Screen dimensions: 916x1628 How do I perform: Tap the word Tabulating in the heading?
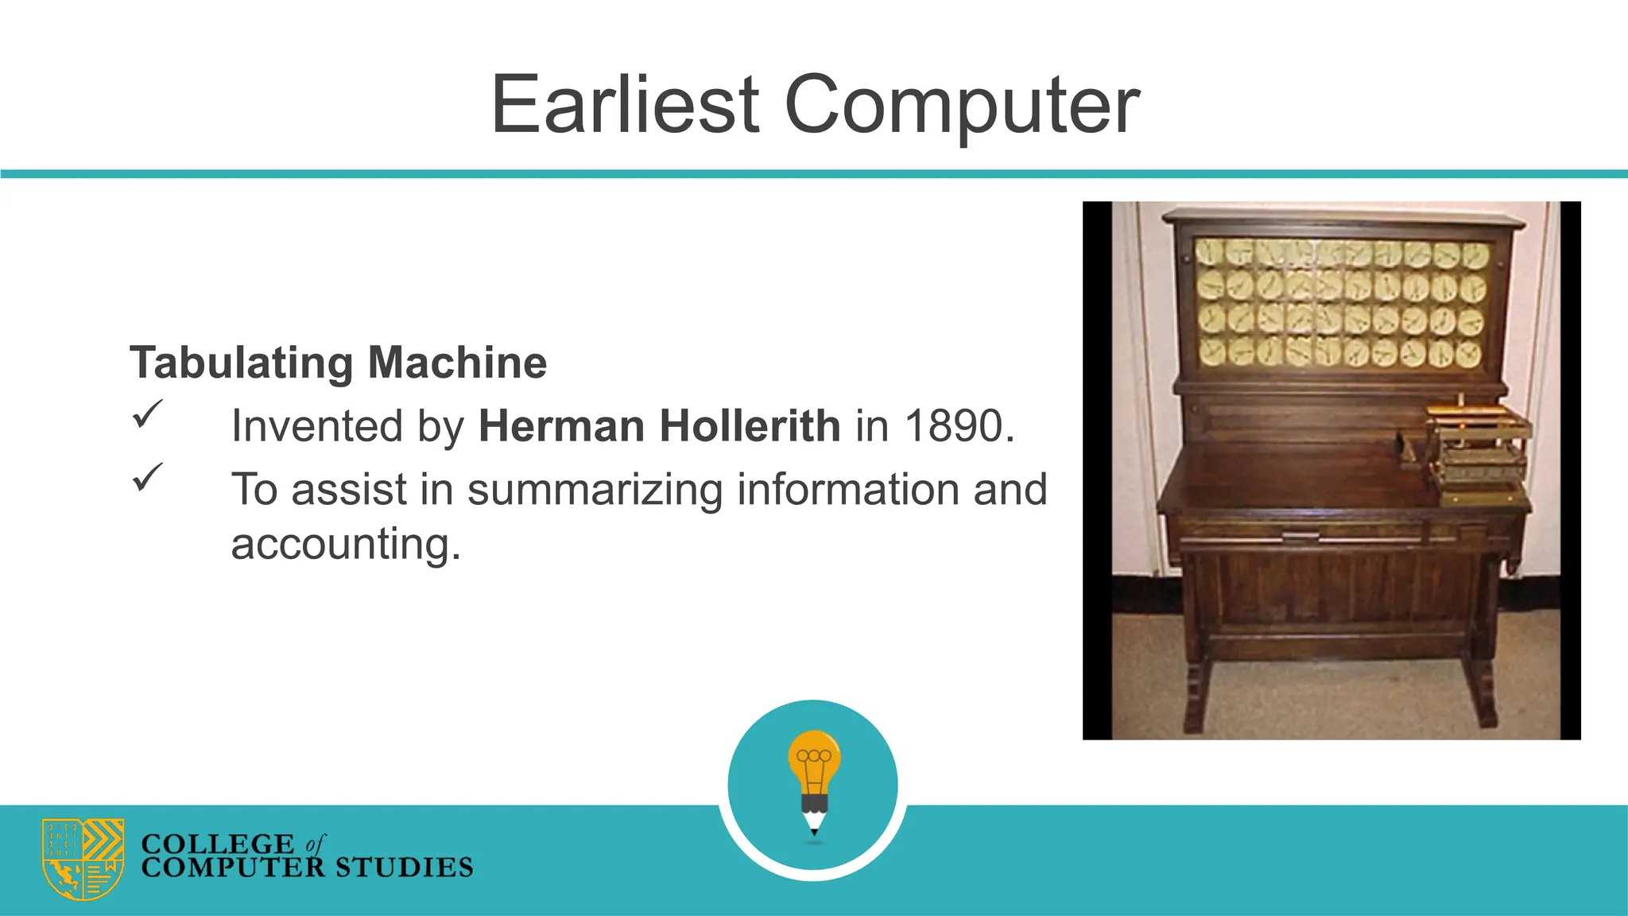(x=241, y=363)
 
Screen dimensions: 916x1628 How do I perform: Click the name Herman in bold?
(x=561, y=426)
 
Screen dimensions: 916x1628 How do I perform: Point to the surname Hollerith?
(x=750, y=426)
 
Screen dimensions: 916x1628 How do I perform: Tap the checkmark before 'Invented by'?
(x=147, y=414)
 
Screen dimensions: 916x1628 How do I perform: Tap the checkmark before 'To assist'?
(x=147, y=477)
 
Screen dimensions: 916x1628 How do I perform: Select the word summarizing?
(x=595, y=489)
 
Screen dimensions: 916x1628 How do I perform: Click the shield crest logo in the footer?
(x=83, y=859)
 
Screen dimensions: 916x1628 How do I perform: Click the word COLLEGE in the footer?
(x=217, y=844)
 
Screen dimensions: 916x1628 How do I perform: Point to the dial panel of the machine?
(x=1342, y=305)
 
